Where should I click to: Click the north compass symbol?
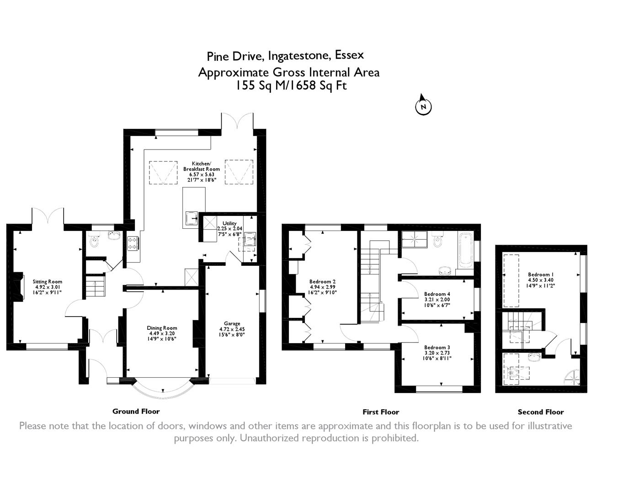423,106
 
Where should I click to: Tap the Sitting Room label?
47,282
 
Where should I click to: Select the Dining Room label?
162,328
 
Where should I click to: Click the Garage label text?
232,324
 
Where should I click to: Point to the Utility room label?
229,223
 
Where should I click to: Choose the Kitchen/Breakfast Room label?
201,166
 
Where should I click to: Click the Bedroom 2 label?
323,282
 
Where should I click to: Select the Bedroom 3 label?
437,348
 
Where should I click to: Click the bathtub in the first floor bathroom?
466,250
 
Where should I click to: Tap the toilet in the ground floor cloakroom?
95,241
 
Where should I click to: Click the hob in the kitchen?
133,243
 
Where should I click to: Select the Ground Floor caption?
136,411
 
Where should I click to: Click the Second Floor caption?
541,412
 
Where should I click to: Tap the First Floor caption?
381,412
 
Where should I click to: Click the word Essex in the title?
349,55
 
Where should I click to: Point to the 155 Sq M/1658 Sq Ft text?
291,86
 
